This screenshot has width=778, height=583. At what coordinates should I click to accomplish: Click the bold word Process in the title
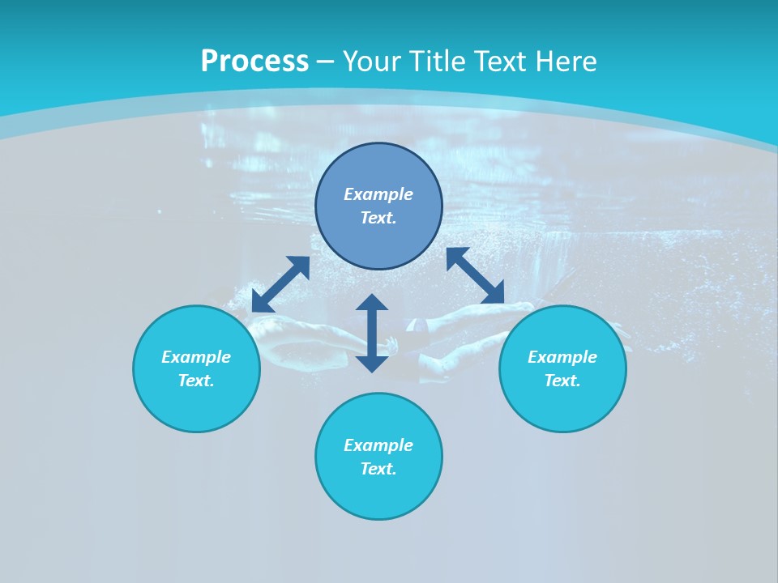tap(254, 62)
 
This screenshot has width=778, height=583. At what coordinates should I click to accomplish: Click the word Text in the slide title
tap(502, 62)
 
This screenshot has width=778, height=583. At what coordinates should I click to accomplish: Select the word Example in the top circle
tap(378, 194)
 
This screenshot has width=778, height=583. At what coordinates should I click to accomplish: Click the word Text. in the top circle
tap(378, 218)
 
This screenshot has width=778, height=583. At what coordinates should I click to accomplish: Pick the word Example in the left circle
tap(196, 357)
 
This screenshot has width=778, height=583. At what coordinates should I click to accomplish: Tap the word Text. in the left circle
tap(196, 381)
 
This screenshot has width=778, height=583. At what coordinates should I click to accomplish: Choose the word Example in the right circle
tap(562, 357)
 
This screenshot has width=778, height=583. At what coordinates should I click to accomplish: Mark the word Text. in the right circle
tap(562, 381)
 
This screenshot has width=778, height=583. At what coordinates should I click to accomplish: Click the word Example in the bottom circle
tap(378, 445)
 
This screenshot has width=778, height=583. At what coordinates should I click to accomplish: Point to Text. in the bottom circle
tap(378, 469)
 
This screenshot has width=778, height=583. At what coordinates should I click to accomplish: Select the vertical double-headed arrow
tap(372, 333)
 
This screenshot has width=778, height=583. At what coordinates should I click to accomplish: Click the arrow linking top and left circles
tap(280, 284)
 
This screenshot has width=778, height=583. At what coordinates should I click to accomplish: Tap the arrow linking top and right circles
tap(475, 275)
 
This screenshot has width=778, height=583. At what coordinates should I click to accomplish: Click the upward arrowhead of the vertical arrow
tap(372, 303)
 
